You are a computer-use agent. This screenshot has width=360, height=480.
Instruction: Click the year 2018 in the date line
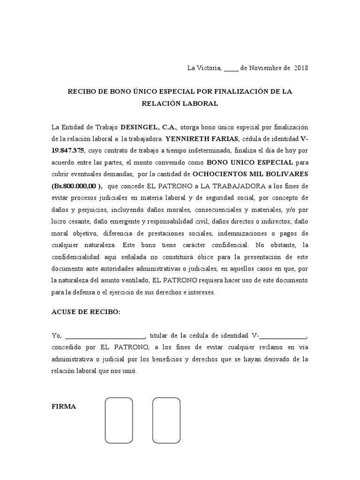tap(301, 68)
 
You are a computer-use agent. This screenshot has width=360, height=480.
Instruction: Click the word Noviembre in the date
tap(264, 68)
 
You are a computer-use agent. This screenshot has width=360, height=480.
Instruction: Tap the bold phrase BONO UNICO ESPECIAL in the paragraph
tap(249, 162)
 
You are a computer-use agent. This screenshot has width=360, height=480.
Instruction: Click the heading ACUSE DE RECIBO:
tap(86, 312)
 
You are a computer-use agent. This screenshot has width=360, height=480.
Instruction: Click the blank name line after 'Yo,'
tap(105, 336)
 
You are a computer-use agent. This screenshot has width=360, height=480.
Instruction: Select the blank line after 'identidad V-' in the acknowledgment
tap(283, 336)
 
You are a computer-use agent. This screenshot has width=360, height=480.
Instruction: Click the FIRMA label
tap(64, 406)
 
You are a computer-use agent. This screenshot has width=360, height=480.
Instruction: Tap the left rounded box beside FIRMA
tap(119, 420)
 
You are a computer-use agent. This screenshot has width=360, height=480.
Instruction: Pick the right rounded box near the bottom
tap(166, 420)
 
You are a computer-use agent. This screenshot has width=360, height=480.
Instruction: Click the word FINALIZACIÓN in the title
tap(242, 92)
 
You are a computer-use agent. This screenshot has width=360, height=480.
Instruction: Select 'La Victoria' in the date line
tap(204, 68)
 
